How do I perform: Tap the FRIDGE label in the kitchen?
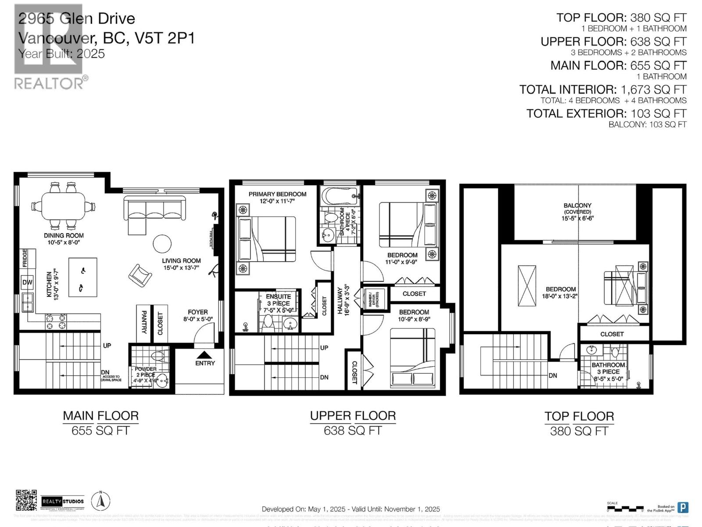click(25, 258)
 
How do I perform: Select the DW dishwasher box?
click(27, 282)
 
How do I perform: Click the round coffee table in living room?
click(162, 243)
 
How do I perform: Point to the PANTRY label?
click(144, 322)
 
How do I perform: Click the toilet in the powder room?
click(157, 355)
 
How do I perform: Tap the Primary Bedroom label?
click(277, 194)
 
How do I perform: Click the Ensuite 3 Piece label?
click(278, 300)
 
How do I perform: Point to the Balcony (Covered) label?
click(577, 208)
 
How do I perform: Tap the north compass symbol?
click(100, 501)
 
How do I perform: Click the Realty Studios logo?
click(63, 501)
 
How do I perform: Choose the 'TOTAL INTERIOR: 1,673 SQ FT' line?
click(603, 90)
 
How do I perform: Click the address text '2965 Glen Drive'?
click(77, 18)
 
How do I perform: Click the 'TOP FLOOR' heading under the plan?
click(579, 416)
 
